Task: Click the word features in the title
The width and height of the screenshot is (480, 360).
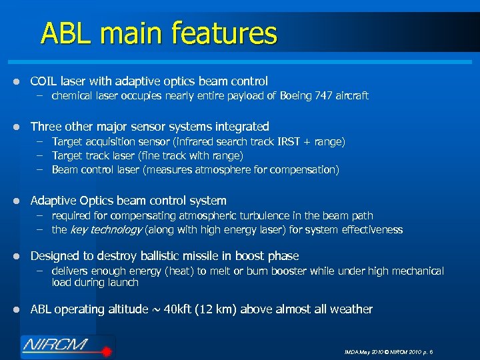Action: coord(225,33)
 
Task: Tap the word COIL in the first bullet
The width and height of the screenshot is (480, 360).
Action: coord(44,81)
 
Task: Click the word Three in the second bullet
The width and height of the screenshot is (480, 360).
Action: coord(45,126)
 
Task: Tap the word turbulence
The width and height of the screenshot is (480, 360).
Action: coord(257,216)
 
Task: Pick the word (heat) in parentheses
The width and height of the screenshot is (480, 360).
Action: coord(191,271)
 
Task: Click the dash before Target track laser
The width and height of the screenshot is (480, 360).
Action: coord(41,155)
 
